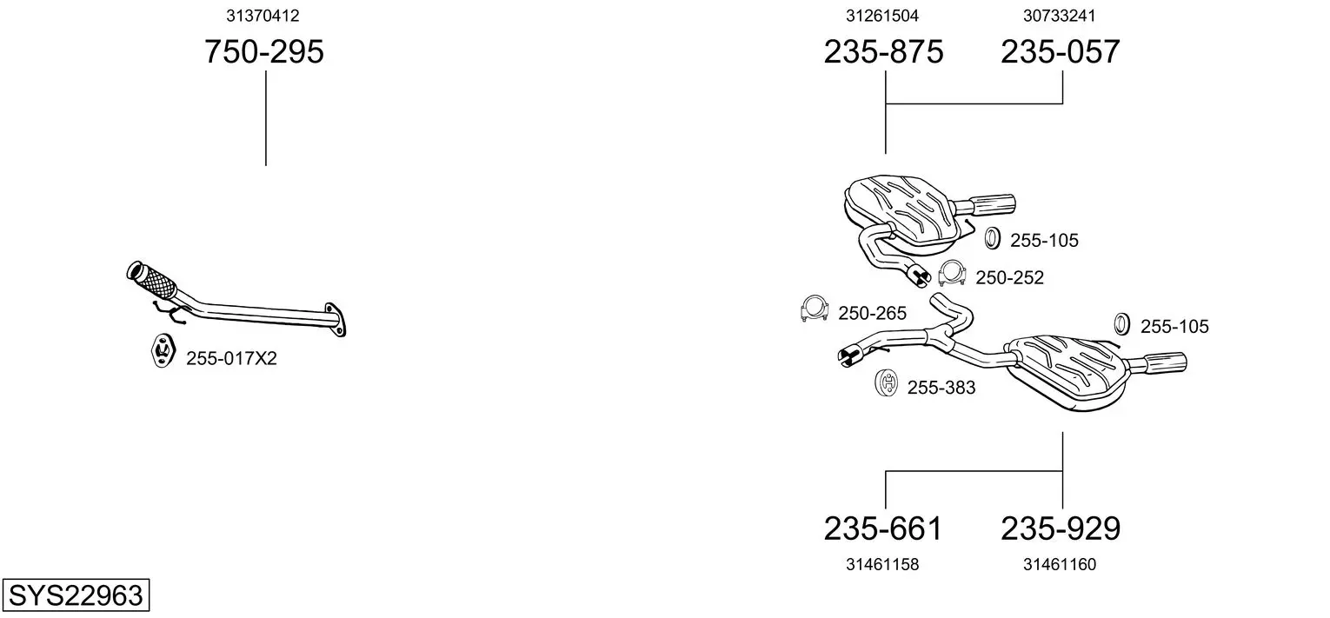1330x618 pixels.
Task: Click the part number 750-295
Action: (x=264, y=51)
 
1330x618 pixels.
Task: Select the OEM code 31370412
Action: (x=263, y=16)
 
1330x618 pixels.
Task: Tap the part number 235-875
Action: (x=883, y=51)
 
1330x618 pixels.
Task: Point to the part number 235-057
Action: (x=1061, y=51)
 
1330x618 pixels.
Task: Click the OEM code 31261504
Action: (x=882, y=16)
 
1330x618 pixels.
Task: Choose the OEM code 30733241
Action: (x=1060, y=16)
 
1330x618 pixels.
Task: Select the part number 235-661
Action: (x=883, y=528)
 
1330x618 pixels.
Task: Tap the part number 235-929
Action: (x=1061, y=528)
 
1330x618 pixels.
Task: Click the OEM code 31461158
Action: (x=882, y=565)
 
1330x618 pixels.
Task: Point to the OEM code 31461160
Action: (x=1060, y=565)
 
